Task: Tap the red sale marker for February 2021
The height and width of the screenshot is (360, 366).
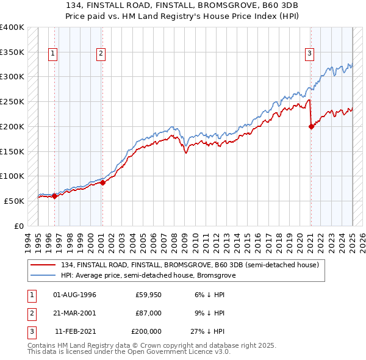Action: click(x=311, y=127)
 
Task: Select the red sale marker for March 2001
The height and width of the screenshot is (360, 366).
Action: click(x=102, y=182)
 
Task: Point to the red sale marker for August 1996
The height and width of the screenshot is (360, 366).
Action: click(x=54, y=196)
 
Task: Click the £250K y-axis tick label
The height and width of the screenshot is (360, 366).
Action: click(x=12, y=101)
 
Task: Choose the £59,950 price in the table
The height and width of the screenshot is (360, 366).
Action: click(x=148, y=295)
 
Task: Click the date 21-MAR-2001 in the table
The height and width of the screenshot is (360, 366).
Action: click(x=75, y=313)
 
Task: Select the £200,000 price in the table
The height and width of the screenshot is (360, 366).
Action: click(x=146, y=331)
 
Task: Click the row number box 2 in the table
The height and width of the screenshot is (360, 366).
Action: click(x=30, y=313)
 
